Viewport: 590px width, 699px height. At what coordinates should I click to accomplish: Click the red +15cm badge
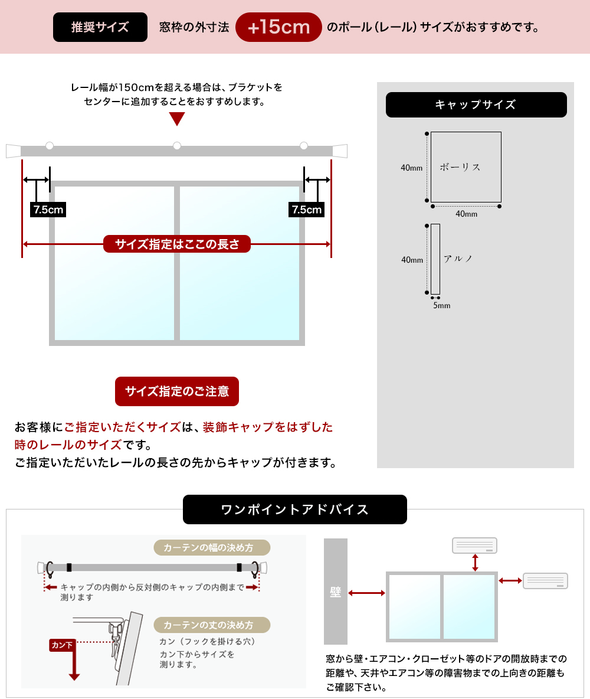278,27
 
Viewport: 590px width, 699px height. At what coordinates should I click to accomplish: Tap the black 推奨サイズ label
100,27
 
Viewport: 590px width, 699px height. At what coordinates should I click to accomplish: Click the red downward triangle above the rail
177,119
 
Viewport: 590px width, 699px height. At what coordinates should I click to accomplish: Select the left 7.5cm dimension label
48,210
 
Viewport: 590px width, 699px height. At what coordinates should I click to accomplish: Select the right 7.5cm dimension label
307,210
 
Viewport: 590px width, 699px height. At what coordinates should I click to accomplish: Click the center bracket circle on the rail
177,146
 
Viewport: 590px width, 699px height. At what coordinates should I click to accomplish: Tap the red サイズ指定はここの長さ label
177,244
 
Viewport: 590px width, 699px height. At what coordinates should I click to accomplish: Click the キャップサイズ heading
476,104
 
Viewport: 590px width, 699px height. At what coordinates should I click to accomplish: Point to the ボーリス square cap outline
466,167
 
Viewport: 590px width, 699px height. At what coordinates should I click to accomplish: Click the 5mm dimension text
441,306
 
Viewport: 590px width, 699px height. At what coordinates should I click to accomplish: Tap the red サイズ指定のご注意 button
177,391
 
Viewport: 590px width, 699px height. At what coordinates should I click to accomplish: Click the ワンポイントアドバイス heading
294,509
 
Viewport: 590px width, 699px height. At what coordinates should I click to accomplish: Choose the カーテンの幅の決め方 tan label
212,548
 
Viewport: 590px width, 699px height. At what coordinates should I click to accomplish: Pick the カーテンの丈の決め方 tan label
212,625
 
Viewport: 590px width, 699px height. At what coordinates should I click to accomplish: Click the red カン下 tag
61,645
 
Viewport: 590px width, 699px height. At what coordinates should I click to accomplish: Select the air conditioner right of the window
545,581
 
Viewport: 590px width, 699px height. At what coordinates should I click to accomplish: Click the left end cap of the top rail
13,151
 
